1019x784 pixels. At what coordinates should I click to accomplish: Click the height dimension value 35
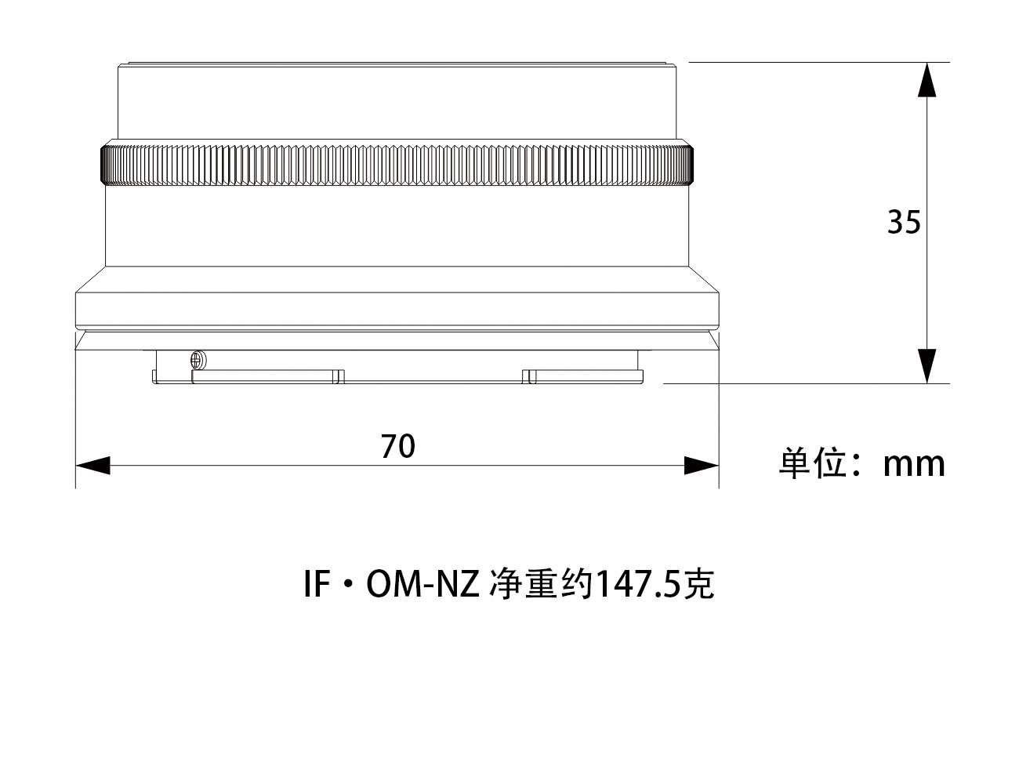click(904, 223)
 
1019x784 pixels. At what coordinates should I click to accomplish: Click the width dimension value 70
click(398, 446)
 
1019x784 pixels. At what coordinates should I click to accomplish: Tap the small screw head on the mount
click(197, 359)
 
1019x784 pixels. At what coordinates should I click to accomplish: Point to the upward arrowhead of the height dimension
click(927, 79)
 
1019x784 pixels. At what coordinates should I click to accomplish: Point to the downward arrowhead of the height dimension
click(927, 366)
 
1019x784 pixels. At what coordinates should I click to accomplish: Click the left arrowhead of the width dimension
click(92, 466)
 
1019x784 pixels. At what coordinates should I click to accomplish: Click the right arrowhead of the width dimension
click(702, 466)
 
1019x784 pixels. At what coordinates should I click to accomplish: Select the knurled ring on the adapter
click(397, 165)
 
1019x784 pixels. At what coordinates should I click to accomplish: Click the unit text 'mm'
click(914, 464)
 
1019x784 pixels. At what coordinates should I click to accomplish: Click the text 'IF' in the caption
click(315, 585)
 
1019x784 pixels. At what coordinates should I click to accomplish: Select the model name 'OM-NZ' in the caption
click(422, 585)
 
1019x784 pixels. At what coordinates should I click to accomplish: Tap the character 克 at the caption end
click(699, 585)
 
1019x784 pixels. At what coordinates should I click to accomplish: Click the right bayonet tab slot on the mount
click(528, 377)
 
